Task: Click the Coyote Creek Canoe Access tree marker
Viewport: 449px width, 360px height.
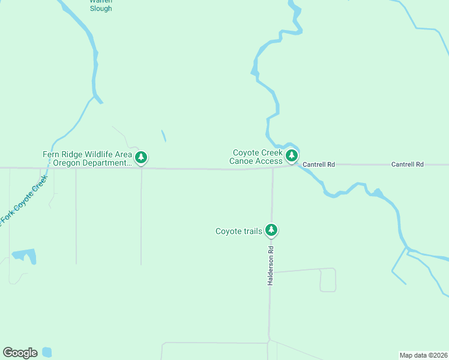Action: tap(292, 156)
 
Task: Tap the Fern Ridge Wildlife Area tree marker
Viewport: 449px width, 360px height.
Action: tap(141, 158)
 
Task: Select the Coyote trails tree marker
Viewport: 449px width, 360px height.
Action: tap(271, 230)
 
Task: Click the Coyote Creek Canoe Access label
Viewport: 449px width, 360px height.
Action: tap(256, 157)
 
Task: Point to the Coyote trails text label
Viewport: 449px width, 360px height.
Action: tap(239, 231)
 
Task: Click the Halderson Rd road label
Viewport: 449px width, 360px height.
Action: tap(271, 266)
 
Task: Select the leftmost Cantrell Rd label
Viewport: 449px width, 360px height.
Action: tap(319, 164)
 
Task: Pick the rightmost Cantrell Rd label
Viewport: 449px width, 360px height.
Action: tap(408, 164)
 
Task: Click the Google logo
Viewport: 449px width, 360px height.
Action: tap(20, 353)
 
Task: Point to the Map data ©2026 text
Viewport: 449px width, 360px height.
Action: tap(423, 355)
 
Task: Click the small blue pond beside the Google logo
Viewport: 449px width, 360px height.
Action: tap(47, 352)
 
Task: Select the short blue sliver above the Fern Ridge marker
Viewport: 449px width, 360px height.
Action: tap(163, 136)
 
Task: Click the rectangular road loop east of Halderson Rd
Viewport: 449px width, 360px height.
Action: tap(327, 280)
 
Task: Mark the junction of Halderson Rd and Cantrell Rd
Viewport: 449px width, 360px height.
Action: tap(273, 167)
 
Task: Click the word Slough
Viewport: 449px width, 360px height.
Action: tap(101, 9)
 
